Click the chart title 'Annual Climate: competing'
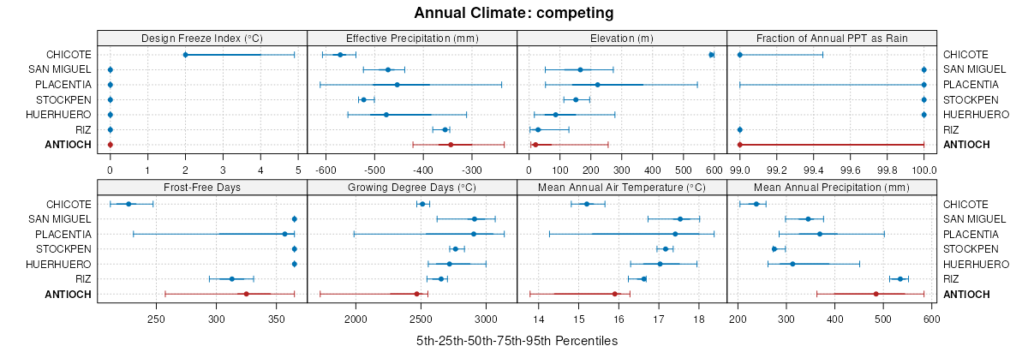(x=514, y=13)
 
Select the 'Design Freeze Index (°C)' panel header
(x=201, y=38)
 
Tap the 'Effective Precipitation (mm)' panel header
(x=411, y=38)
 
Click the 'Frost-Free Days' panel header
(x=201, y=188)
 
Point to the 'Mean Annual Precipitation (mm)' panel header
(x=831, y=188)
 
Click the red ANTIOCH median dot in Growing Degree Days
(x=417, y=294)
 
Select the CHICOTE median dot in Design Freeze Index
(x=185, y=55)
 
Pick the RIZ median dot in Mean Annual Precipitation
(x=900, y=279)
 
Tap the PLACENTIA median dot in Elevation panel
(x=597, y=85)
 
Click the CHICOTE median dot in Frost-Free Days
(x=128, y=204)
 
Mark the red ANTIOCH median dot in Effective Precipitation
(x=451, y=145)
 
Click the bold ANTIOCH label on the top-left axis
(x=68, y=145)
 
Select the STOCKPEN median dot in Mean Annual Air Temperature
(x=666, y=249)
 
